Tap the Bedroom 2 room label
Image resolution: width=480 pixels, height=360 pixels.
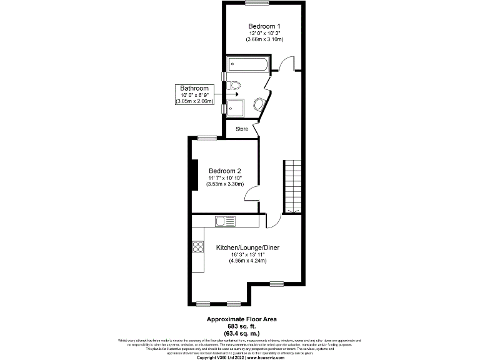(x=225, y=171)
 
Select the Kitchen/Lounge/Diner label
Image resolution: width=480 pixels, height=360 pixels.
(x=247, y=248)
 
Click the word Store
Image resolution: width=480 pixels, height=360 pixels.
(x=241, y=129)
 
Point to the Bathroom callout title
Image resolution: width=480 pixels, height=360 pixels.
(x=194, y=88)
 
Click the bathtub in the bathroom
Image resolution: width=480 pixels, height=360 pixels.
(x=249, y=63)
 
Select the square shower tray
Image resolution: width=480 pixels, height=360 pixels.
(x=236, y=107)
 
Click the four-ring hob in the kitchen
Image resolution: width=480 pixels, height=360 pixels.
(x=199, y=246)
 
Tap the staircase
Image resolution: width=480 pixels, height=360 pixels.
(x=293, y=186)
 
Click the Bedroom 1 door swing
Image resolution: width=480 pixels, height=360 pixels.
(x=286, y=63)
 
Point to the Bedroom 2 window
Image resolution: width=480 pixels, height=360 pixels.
(x=207, y=137)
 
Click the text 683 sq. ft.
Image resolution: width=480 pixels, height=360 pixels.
(x=241, y=326)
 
